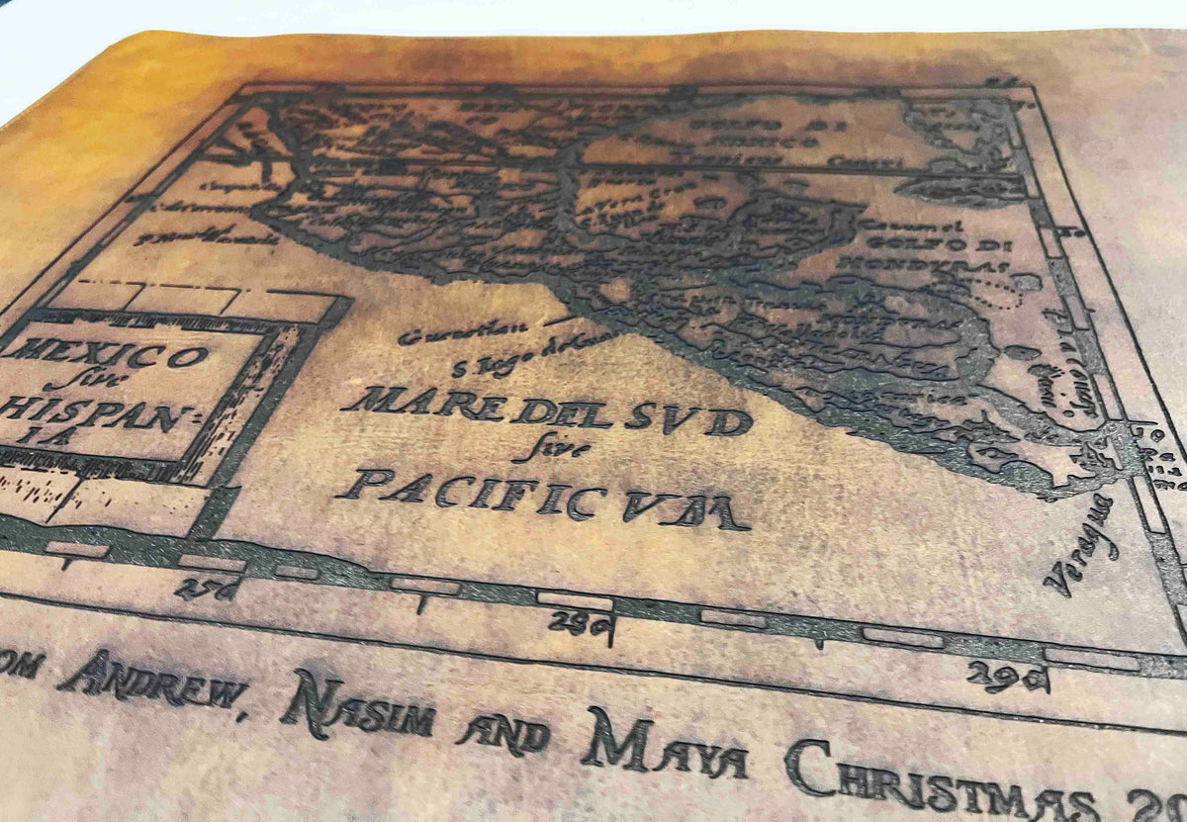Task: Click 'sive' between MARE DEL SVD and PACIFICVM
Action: [x=539, y=450]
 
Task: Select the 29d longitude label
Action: [x=1007, y=678]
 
